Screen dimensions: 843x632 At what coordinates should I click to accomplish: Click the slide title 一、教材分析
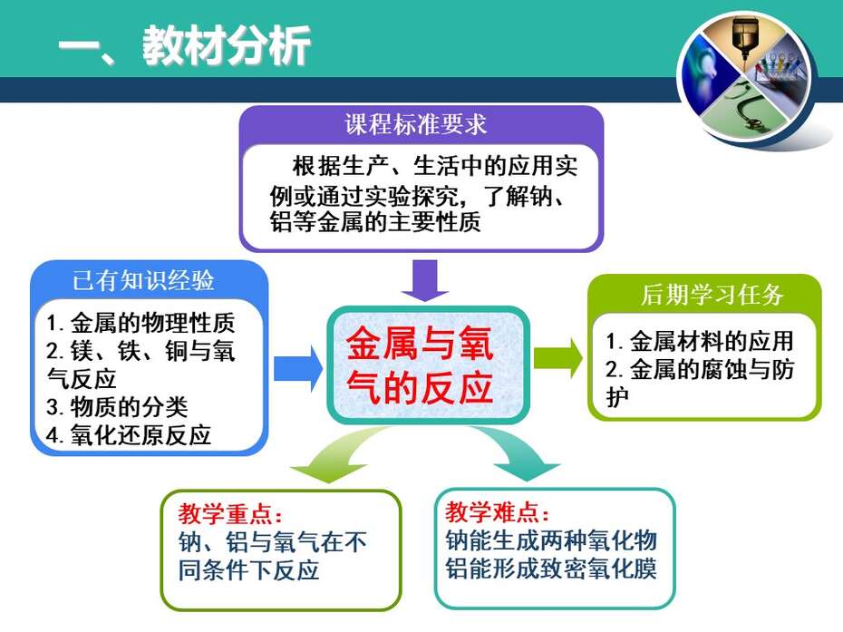pyautogui.click(x=184, y=45)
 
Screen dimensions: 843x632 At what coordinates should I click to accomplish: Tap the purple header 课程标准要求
pyautogui.click(x=415, y=125)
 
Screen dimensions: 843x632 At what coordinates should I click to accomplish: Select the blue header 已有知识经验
pyautogui.click(x=143, y=280)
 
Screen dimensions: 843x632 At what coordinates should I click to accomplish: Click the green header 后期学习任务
pyautogui.click(x=712, y=294)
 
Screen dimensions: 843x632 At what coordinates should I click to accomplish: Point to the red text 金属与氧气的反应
pyautogui.click(x=420, y=365)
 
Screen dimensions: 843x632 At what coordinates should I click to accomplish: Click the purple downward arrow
pyautogui.click(x=425, y=280)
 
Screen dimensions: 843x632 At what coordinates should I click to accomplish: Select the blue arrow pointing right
pyautogui.click(x=298, y=368)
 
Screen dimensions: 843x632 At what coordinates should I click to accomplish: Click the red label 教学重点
pyautogui.click(x=230, y=513)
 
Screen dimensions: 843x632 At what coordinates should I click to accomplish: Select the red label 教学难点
pyautogui.click(x=498, y=512)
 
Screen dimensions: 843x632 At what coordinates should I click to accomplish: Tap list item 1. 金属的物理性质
pyautogui.click(x=140, y=323)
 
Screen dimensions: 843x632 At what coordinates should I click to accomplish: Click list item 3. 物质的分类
pyautogui.click(x=117, y=406)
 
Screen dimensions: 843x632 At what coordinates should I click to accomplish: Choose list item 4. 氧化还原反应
pyautogui.click(x=129, y=435)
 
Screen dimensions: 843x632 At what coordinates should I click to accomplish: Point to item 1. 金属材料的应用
pyautogui.click(x=700, y=341)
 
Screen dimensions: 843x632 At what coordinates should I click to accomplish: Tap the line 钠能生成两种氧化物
pyautogui.click(x=551, y=540)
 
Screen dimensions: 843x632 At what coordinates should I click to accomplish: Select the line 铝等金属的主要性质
pyautogui.click(x=375, y=221)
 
